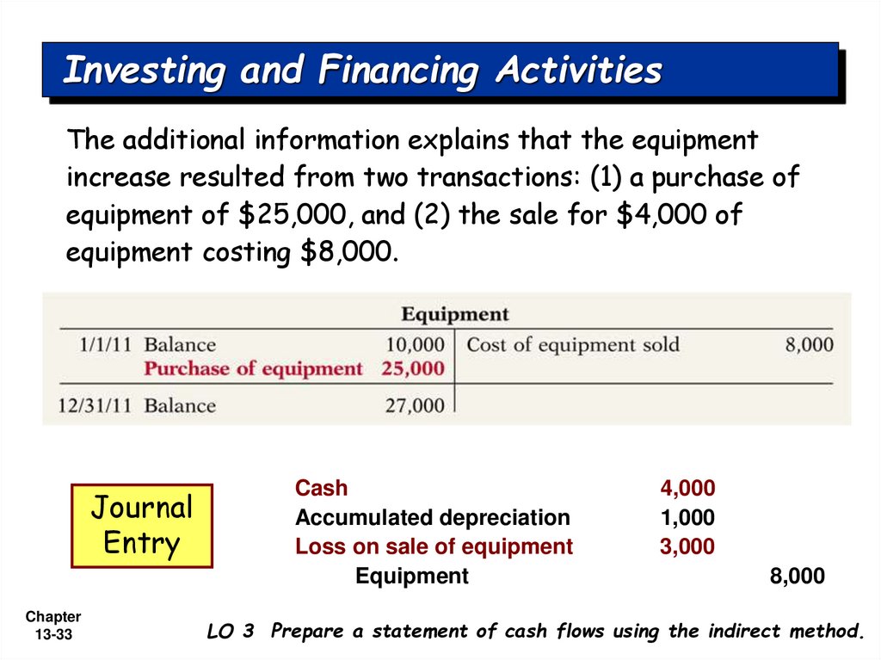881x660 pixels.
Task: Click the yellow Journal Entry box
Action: click(142, 525)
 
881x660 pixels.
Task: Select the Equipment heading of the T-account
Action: click(455, 314)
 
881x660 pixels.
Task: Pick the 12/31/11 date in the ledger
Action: click(94, 404)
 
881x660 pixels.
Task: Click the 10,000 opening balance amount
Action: click(415, 345)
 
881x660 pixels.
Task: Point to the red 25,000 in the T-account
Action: click(415, 369)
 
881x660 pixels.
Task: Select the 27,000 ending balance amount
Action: click(415, 404)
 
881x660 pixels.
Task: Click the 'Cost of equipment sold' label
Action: click(573, 345)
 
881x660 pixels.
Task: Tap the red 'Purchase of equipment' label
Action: click(253, 369)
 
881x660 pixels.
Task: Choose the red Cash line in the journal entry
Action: click(322, 489)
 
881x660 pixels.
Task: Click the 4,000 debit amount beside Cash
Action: click(687, 489)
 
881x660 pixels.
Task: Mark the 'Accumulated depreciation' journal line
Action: click(432, 518)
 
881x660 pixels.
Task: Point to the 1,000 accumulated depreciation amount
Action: click(687, 518)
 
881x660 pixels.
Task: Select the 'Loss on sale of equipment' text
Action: click(434, 546)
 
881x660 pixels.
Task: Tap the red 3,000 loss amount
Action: click(687, 546)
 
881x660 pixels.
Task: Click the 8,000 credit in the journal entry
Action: click(797, 577)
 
